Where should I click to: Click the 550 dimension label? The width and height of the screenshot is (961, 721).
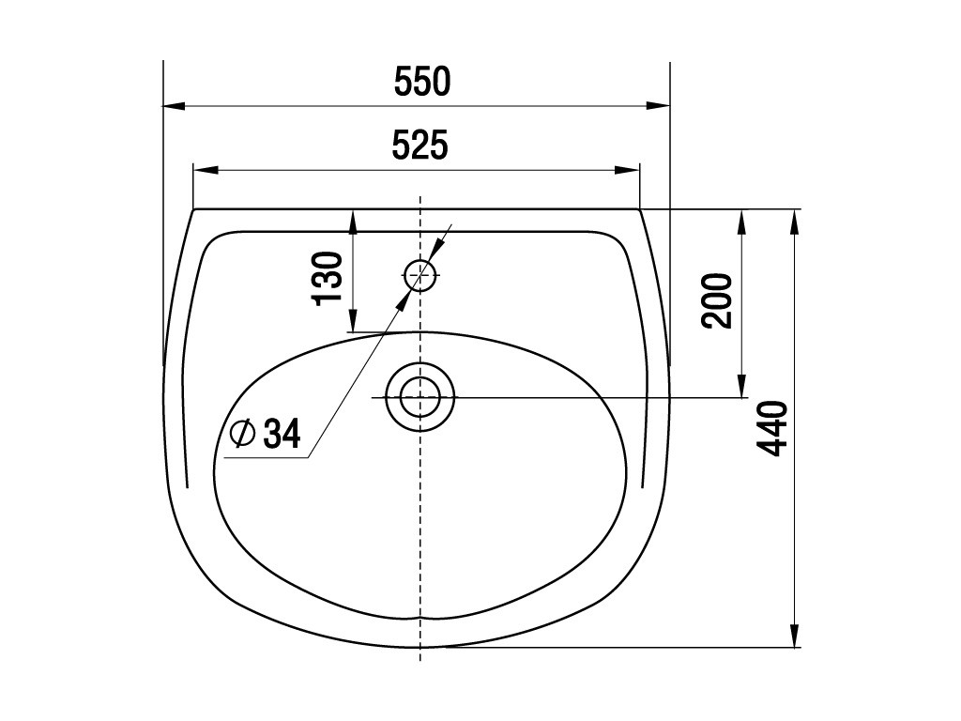tap(422, 82)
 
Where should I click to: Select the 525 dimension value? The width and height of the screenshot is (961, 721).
tap(420, 146)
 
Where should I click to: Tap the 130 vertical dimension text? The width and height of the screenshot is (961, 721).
tap(328, 277)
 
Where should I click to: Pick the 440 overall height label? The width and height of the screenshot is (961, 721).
tap(771, 428)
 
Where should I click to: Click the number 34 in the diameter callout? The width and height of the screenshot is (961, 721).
tap(282, 434)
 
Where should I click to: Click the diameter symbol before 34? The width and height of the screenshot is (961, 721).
tap(242, 434)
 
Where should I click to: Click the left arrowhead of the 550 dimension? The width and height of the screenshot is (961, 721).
tap(174, 105)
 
